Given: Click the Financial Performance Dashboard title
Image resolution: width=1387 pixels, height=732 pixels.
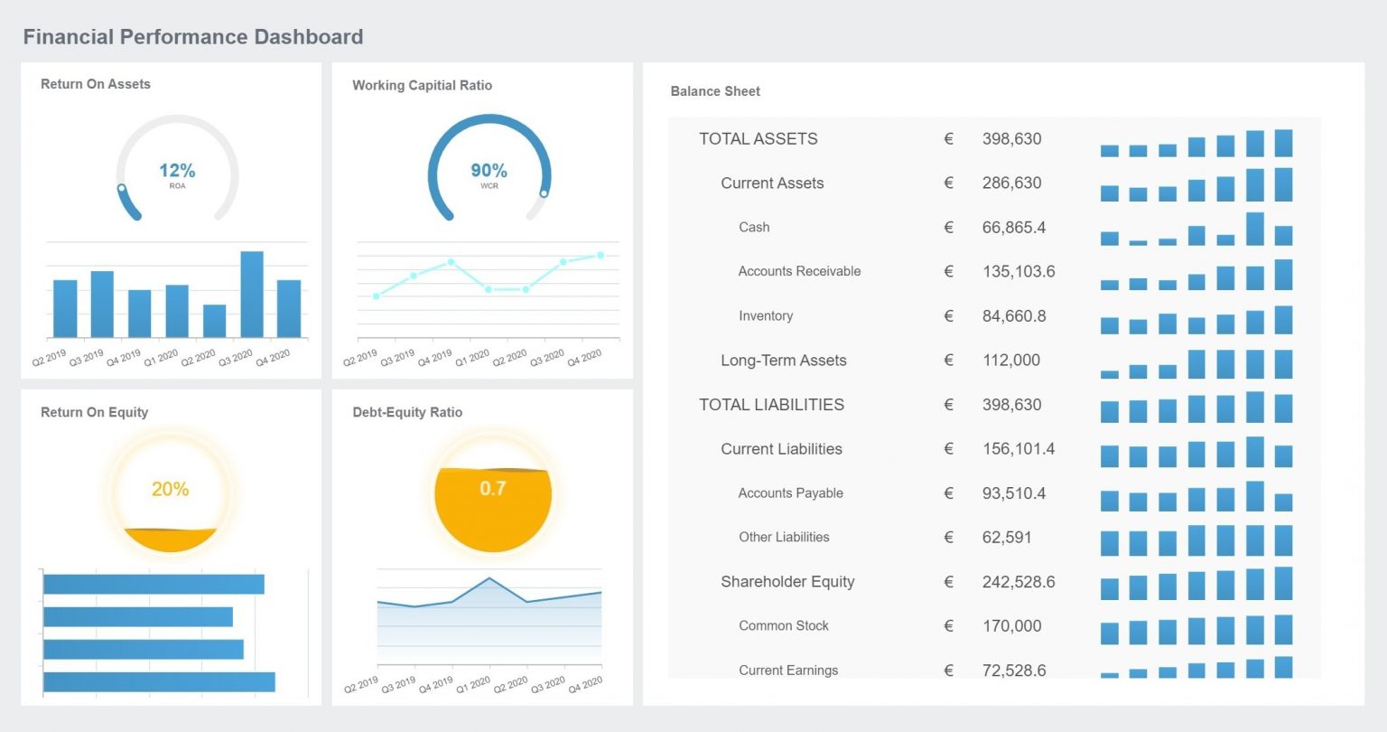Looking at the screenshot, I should click(193, 37).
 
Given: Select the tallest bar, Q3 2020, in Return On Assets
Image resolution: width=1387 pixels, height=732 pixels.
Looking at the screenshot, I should click(252, 294).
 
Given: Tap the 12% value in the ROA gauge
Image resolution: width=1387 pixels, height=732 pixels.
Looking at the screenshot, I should click(177, 171).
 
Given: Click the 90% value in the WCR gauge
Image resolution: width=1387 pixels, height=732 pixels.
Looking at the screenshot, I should click(489, 171).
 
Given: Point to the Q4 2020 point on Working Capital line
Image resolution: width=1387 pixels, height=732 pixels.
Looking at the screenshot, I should click(600, 256).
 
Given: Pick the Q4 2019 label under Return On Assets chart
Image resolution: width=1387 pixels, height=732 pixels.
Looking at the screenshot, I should click(124, 358).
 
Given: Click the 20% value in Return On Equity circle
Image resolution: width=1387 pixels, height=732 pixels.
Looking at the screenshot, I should click(170, 489).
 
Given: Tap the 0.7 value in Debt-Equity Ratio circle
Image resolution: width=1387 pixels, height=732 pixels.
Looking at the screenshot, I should click(493, 489).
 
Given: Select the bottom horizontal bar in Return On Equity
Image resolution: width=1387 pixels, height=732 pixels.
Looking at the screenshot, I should click(159, 682).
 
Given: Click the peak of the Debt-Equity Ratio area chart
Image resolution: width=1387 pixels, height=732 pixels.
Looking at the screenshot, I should click(489, 578).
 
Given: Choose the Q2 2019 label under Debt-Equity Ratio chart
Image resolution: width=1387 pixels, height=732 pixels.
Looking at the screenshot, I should click(360, 685).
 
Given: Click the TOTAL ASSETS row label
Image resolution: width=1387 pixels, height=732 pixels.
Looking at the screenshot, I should click(758, 139).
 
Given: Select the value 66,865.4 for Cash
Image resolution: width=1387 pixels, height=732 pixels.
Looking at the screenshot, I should click(1013, 228).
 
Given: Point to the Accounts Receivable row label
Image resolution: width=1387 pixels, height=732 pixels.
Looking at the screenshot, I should click(799, 271).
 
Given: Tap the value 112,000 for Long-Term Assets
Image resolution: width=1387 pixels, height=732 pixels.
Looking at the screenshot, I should click(1010, 361).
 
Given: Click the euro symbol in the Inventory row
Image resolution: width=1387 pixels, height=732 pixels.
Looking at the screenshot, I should click(948, 316).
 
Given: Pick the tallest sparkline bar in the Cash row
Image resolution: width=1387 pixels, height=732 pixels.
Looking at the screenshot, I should click(1254, 230).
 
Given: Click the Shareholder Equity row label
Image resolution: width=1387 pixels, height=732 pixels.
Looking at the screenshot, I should click(787, 582).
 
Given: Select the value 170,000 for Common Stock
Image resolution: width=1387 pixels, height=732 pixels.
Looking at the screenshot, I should click(1010, 626).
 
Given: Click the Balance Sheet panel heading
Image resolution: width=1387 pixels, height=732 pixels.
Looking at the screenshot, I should click(715, 91).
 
